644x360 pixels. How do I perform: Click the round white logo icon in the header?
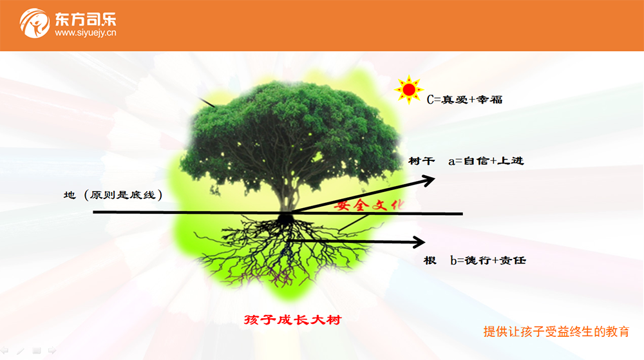pos(35,23)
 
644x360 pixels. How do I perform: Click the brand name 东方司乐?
pos(86,19)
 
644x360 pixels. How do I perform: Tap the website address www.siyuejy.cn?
pos(86,33)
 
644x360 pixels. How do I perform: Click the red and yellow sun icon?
pos(409,90)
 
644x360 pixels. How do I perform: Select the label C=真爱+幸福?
pos(464,99)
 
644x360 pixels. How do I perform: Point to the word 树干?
pos(421,160)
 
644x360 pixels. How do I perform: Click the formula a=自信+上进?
pos(486,161)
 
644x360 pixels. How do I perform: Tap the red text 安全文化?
pos(369,204)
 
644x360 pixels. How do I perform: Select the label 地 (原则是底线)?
pos(113,194)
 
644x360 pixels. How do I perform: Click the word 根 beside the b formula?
pos(430,260)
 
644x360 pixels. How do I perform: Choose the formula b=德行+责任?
pos(488,260)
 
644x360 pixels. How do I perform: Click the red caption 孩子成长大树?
pos(292,319)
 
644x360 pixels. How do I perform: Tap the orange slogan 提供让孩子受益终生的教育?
pos(556,332)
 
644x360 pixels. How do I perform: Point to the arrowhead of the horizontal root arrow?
pos(419,242)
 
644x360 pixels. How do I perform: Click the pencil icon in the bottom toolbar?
pos(21,350)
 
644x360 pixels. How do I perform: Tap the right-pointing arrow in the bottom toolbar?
pos(52,350)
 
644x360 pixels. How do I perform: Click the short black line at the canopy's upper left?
pos(207,102)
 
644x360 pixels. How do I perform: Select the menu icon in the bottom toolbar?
pos(37,350)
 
